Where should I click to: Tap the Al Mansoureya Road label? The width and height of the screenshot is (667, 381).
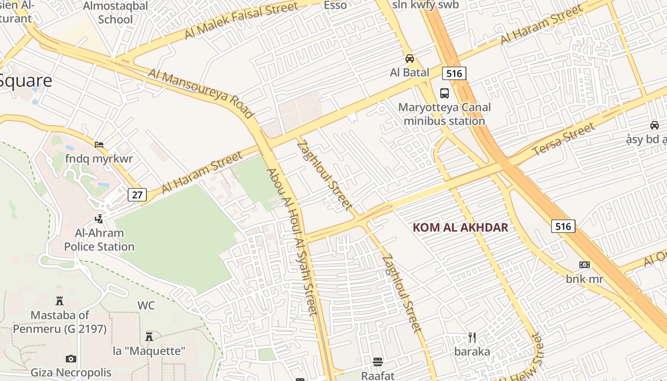click(201, 93)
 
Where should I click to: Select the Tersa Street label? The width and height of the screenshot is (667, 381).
click(564, 139)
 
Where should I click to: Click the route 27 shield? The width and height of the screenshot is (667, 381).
click(137, 194)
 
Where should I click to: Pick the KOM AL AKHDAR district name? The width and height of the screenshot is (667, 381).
click(460, 227)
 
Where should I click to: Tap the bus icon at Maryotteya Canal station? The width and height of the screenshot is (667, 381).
click(445, 93)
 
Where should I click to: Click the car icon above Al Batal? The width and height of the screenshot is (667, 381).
click(409, 59)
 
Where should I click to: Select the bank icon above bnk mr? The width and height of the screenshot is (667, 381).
click(585, 265)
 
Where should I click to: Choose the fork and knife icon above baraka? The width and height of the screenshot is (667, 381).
click(472, 338)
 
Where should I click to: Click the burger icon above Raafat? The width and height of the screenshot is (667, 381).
click(378, 362)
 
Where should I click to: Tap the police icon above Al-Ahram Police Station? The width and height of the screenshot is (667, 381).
click(99, 219)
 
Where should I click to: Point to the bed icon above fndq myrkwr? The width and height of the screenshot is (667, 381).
click(99, 144)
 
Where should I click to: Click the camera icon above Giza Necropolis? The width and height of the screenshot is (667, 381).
click(71, 359)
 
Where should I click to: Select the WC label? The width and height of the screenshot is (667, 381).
click(146, 305)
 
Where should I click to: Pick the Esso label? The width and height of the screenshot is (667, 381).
click(335, 5)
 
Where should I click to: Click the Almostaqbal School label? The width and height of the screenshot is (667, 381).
click(116, 12)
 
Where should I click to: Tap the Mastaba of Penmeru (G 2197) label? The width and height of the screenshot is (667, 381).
click(60, 322)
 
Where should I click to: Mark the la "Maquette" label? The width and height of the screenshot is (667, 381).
click(149, 351)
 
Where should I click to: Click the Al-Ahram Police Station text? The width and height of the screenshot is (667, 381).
click(99, 240)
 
